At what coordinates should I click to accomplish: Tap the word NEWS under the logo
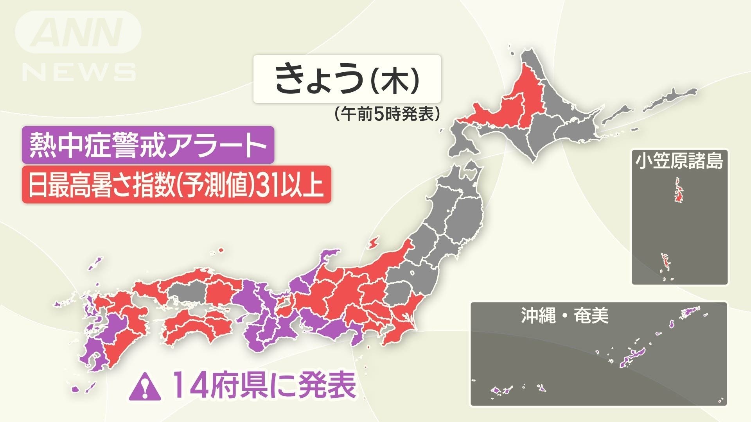pyautogui.click(x=79, y=72)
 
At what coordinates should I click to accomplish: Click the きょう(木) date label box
pyautogui.click(x=347, y=79)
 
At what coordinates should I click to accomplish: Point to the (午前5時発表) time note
pyautogui.click(x=387, y=114)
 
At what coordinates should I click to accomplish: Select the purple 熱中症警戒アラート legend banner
pyautogui.click(x=148, y=145)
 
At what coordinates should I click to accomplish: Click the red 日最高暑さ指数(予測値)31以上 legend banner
pyautogui.click(x=176, y=184)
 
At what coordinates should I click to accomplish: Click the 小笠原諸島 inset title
pyautogui.click(x=679, y=161)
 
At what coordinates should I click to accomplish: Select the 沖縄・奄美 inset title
pyautogui.click(x=565, y=316)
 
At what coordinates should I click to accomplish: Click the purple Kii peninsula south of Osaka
pyautogui.click(x=260, y=334)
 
